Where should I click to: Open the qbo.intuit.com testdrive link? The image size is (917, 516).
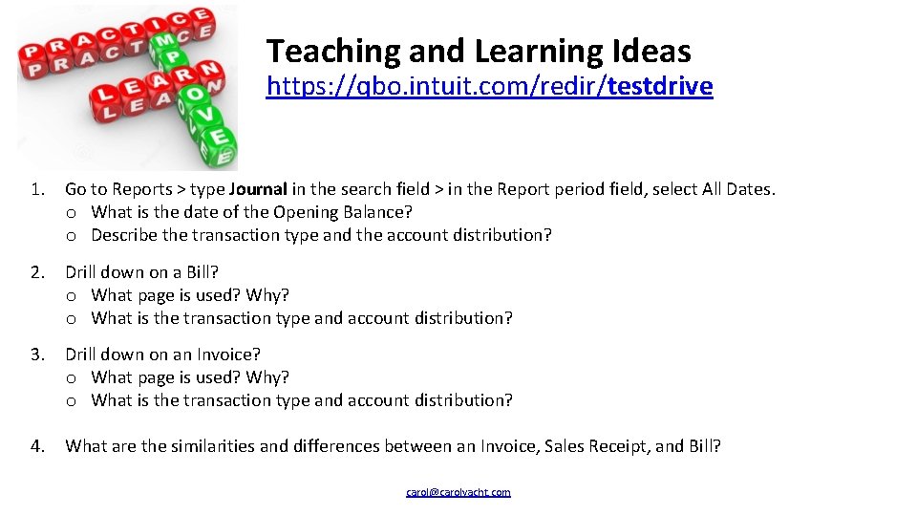tap(489, 87)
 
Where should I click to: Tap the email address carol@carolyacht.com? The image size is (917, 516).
tap(458, 492)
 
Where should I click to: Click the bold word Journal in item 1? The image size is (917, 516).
tap(259, 189)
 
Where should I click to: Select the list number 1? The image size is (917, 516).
tap(36, 189)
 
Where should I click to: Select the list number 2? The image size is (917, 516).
tap(36, 272)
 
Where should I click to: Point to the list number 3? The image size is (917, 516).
tap(36, 355)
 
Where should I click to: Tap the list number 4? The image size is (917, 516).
tap(36, 445)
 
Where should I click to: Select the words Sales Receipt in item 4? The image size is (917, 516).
tap(595, 445)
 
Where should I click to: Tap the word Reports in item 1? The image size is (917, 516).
tap(141, 189)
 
